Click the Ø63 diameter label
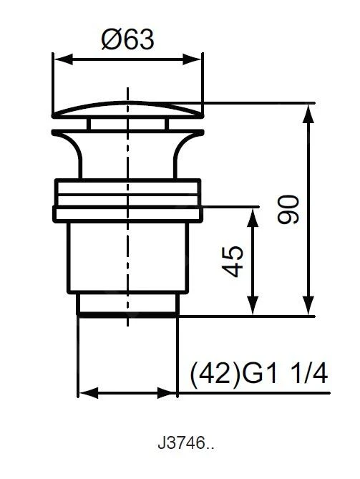(x=127, y=39)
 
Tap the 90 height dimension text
(x=288, y=209)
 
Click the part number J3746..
(x=185, y=443)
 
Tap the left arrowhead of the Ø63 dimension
(x=63, y=59)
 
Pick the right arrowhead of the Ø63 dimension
(x=193, y=59)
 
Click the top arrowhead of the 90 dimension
(x=309, y=114)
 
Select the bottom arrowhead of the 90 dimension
(x=309, y=305)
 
